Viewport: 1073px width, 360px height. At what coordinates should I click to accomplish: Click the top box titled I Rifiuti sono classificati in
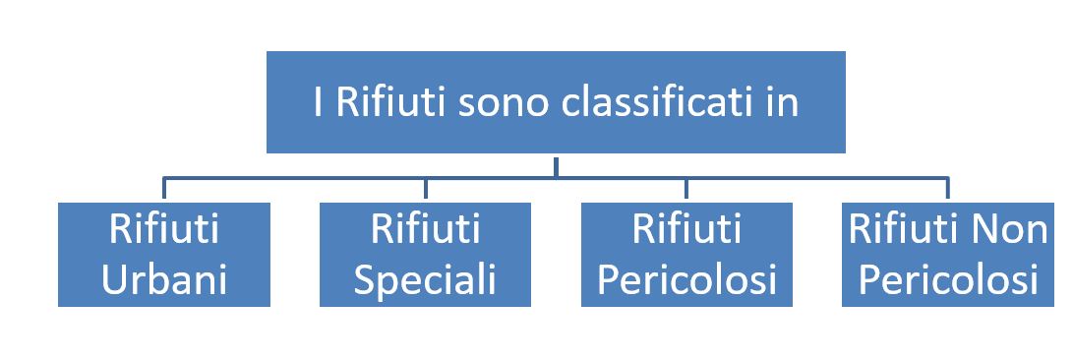(x=556, y=102)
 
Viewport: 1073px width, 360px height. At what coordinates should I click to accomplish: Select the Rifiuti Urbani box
(x=164, y=255)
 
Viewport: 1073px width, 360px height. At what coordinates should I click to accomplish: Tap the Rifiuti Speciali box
(x=425, y=255)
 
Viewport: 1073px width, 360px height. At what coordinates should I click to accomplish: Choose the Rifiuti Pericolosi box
(x=686, y=255)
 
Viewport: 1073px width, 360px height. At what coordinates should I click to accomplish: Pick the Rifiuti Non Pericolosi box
(x=948, y=255)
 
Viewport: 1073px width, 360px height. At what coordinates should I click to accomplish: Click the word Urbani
(x=164, y=279)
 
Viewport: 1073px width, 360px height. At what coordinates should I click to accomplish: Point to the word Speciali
(x=425, y=281)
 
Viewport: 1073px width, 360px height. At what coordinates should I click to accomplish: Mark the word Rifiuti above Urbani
(x=164, y=228)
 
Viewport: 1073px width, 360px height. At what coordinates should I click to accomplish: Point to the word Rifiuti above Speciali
(x=425, y=228)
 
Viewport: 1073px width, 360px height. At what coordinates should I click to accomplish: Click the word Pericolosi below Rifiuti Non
(x=948, y=279)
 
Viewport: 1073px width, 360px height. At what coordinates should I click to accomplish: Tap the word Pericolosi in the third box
(x=686, y=279)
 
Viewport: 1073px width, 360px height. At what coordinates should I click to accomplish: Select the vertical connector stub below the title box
(x=556, y=167)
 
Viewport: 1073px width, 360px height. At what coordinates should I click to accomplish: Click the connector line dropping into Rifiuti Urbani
(x=164, y=188)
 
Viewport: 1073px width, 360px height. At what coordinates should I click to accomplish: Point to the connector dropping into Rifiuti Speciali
(x=425, y=188)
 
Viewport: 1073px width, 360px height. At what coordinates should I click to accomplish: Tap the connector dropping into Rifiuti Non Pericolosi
(x=948, y=188)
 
